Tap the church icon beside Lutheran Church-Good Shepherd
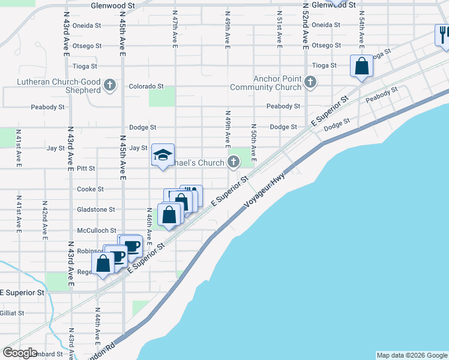(109, 86)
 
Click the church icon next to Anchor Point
(310, 81)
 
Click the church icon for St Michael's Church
(233, 162)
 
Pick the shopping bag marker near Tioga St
(361, 66)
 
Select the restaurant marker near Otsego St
(443, 35)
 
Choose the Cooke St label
(90, 189)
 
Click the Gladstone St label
(96, 209)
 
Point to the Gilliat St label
(12, 313)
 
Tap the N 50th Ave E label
(254, 143)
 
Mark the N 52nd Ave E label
(305, 30)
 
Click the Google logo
(20, 353)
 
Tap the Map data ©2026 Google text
(411, 355)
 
